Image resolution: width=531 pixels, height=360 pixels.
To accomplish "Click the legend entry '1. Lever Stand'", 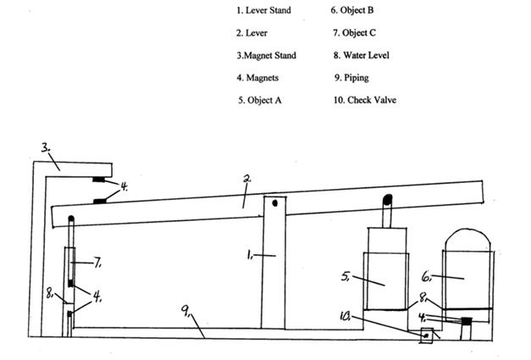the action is click(x=263, y=10).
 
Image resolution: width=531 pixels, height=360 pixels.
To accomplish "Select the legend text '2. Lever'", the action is click(x=252, y=33).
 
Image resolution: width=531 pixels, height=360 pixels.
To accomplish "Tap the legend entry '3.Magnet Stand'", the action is click(x=266, y=56).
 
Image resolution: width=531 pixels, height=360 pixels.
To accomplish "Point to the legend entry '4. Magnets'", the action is click(x=257, y=78).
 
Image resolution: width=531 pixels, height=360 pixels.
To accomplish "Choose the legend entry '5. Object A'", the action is click(x=259, y=100).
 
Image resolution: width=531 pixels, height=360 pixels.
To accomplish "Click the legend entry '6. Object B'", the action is click(x=352, y=10).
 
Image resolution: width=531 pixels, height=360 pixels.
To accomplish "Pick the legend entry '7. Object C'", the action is click(x=354, y=33).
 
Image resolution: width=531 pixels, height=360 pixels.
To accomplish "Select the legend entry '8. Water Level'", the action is click(x=362, y=56).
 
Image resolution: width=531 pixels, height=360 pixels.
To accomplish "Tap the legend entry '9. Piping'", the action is click(x=351, y=78).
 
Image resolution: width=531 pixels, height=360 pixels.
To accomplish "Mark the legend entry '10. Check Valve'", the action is click(x=365, y=100).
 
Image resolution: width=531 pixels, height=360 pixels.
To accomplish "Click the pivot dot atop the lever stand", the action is click(x=274, y=203).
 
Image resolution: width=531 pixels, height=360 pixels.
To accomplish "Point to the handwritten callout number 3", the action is click(x=46, y=147).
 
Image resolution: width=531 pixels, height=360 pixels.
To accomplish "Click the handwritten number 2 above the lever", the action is click(x=247, y=179).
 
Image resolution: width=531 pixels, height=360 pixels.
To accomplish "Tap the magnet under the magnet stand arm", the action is click(x=99, y=180).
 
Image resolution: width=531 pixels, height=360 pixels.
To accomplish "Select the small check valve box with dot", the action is click(x=426, y=335).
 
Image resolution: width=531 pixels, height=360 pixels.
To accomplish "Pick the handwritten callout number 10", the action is click(x=346, y=316).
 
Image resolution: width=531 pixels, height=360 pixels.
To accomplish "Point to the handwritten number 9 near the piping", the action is click(x=186, y=311).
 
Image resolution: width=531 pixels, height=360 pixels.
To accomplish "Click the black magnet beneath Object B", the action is click(x=467, y=321).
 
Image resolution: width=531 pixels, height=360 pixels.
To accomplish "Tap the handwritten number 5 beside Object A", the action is click(x=346, y=276).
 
